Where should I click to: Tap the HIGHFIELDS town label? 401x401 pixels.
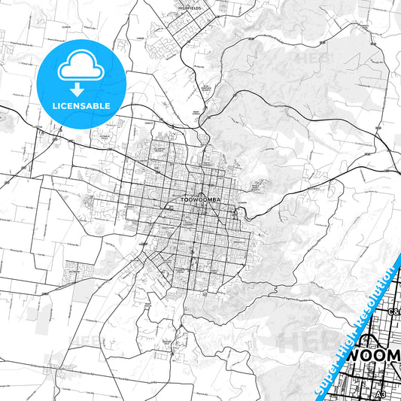click(187, 8)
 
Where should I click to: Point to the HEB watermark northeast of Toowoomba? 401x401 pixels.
click(310, 56)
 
